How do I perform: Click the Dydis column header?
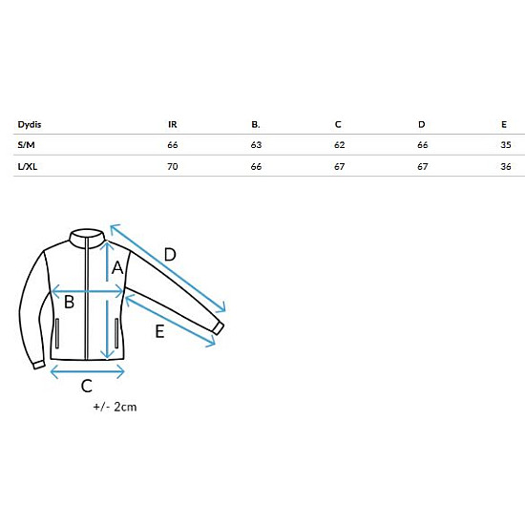[x=30, y=125]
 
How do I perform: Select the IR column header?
[x=173, y=124]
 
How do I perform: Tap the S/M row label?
[x=26, y=145]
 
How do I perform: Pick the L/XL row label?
[x=28, y=166]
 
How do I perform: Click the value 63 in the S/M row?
[x=256, y=145]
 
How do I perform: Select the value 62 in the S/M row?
[x=340, y=145]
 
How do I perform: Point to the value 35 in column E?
[x=506, y=145]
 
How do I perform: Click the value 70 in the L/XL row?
[x=173, y=166]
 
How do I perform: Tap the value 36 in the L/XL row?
[x=506, y=166]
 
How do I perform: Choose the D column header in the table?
[x=422, y=124]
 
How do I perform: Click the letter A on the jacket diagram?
[x=117, y=268]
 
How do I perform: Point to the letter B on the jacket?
[x=69, y=302]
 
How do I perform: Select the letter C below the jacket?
[x=86, y=386]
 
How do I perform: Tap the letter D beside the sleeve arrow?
[x=170, y=255]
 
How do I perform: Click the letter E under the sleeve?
[x=159, y=331]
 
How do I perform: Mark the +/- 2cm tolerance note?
[x=115, y=407]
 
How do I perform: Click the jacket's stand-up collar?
[x=88, y=238]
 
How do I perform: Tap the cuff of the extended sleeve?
[x=218, y=328]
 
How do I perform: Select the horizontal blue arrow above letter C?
[x=87, y=371]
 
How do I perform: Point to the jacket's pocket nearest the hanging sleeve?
[x=57, y=333]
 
